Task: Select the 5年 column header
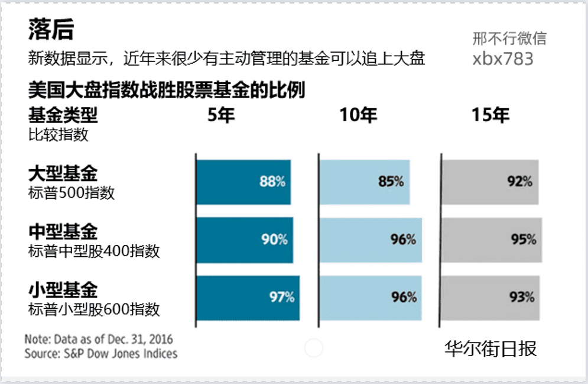tap(221, 115)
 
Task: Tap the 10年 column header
tap(358, 115)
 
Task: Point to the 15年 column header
tap(490, 115)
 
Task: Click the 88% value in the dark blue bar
tap(272, 182)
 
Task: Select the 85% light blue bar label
tap(391, 182)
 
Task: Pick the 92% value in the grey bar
tap(519, 182)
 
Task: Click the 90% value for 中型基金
tap(274, 240)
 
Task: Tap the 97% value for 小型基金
tap(282, 297)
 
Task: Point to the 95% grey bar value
tap(524, 240)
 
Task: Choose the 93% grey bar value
tap(522, 297)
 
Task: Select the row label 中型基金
tap(63, 231)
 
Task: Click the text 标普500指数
tap(72, 193)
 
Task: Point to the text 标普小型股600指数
tap(94, 309)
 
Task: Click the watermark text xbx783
tap(503, 59)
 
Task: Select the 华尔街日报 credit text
tap(490, 348)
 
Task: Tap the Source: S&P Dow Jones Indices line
tap(100, 354)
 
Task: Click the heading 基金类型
tap(63, 115)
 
